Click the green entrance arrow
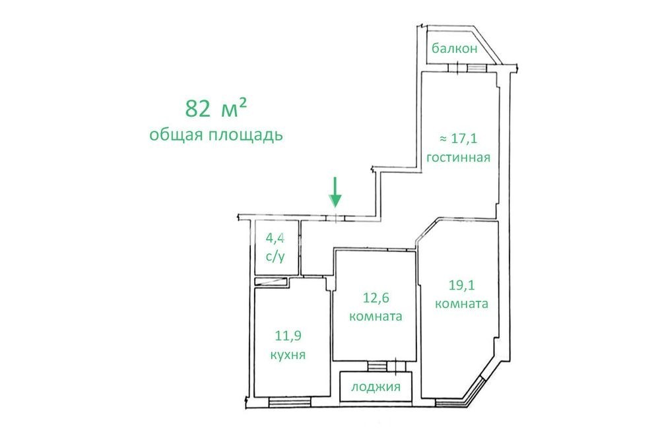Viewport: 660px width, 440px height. point(335,193)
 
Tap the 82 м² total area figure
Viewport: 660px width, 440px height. point(216,109)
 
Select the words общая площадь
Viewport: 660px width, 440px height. point(216,135)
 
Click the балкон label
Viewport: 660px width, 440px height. point(455,48)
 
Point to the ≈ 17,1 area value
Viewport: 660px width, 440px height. point(459,138)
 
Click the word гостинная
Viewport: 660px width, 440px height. point(459,157)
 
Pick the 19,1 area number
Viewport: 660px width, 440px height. point(462,285)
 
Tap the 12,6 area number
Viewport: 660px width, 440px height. point(376,298)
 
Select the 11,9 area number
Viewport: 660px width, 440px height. point(288,336)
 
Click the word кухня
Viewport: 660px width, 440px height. point(288,355)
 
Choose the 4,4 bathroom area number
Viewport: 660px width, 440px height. point(275,238)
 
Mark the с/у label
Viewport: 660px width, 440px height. point(275,256)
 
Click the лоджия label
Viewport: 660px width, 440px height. point(376,386)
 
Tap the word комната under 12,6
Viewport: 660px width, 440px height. point(376,316)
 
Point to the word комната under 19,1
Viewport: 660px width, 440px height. point(462,303)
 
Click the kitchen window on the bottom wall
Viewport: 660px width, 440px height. point(290,402)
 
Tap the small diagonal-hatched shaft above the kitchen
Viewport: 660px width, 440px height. point(271,282)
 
